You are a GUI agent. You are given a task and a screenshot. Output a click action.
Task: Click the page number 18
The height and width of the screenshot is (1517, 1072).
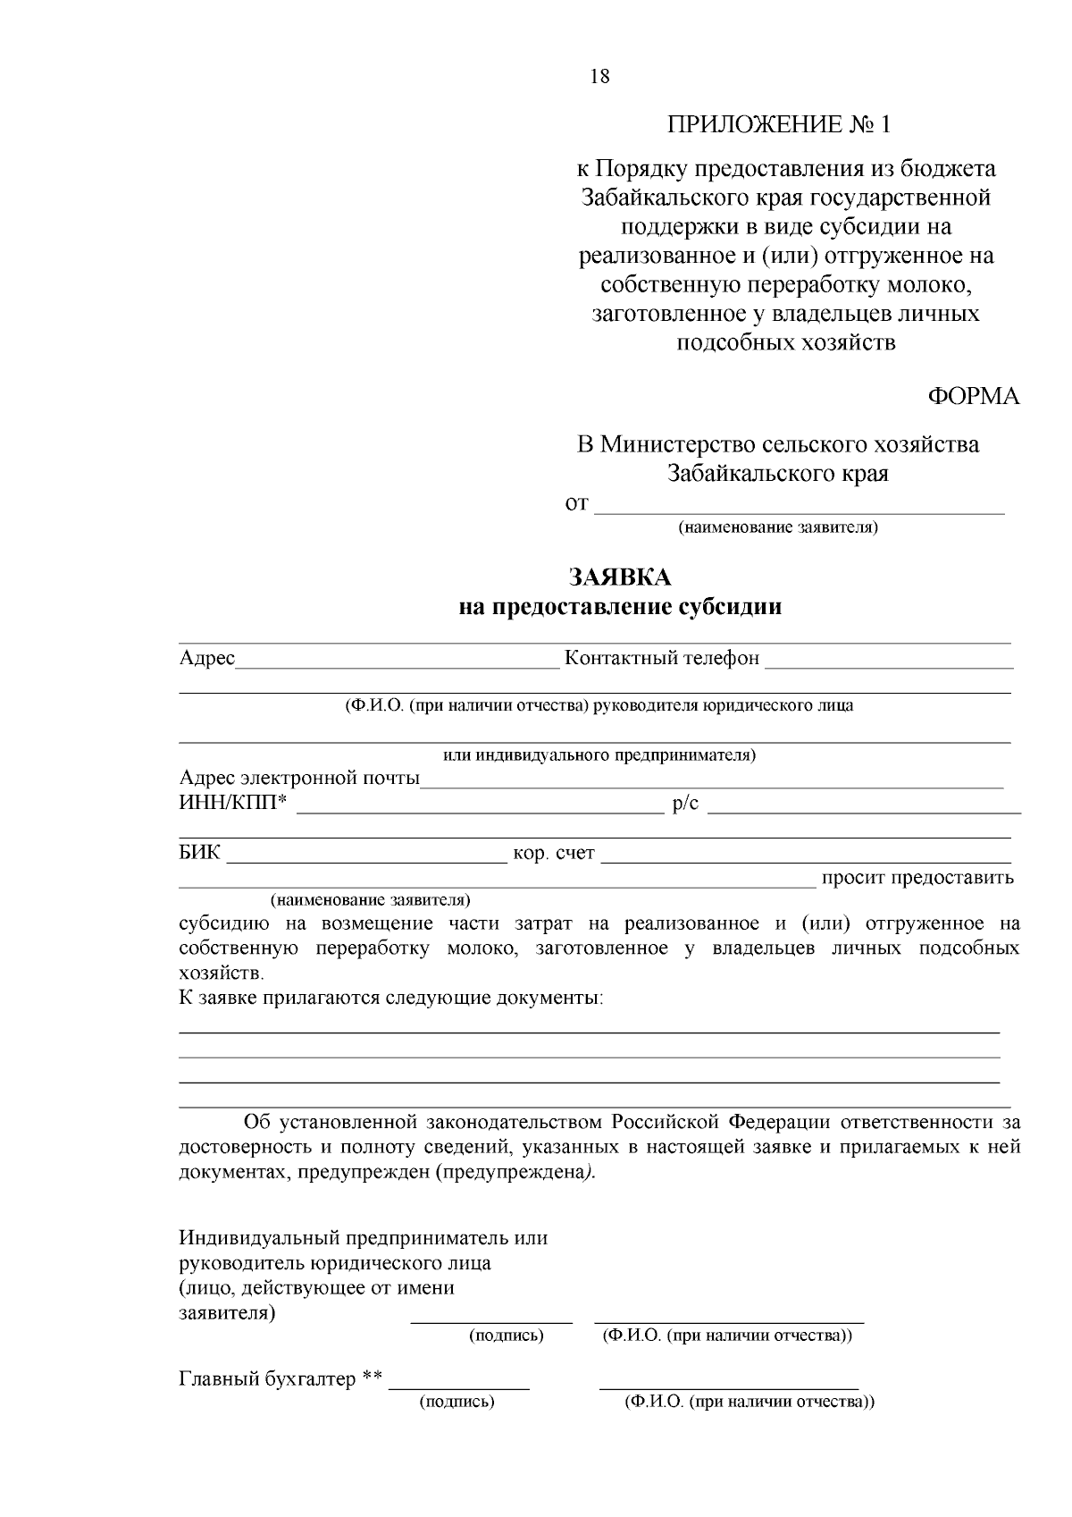(599, 77)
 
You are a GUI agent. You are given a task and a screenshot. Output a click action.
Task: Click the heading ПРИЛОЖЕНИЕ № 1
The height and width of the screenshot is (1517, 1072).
(779, 124)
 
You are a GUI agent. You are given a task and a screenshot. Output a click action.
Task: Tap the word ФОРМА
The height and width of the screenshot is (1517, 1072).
(974, 397)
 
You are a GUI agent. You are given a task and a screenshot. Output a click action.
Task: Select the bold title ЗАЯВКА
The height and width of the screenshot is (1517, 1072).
(620, 577)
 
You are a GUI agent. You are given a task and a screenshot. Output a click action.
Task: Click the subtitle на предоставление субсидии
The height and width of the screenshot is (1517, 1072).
(620, 608)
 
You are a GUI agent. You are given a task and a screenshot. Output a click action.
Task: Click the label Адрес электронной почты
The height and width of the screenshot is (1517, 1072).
(299, 778)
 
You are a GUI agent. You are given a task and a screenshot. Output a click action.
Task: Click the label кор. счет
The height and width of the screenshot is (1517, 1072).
(554, 854)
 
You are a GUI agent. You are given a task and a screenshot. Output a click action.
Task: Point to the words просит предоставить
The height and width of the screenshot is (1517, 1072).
(917, 878)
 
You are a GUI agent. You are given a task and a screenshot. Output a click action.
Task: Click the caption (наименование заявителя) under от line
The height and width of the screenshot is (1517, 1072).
(778, 527)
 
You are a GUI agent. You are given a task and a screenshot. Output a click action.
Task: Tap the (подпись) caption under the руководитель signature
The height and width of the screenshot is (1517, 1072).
(507, 1336)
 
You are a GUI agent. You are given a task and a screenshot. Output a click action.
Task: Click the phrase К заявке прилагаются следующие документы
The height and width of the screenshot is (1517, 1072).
(390, 998)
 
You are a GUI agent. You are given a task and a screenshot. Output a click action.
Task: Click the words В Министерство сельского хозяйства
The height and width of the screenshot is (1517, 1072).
(777, 444)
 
